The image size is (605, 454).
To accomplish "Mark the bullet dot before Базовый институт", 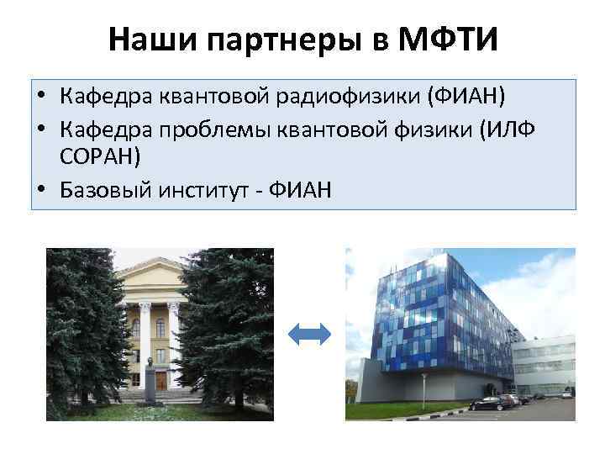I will (x=41, y=192).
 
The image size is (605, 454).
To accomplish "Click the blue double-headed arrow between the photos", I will (x=309, y=335).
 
